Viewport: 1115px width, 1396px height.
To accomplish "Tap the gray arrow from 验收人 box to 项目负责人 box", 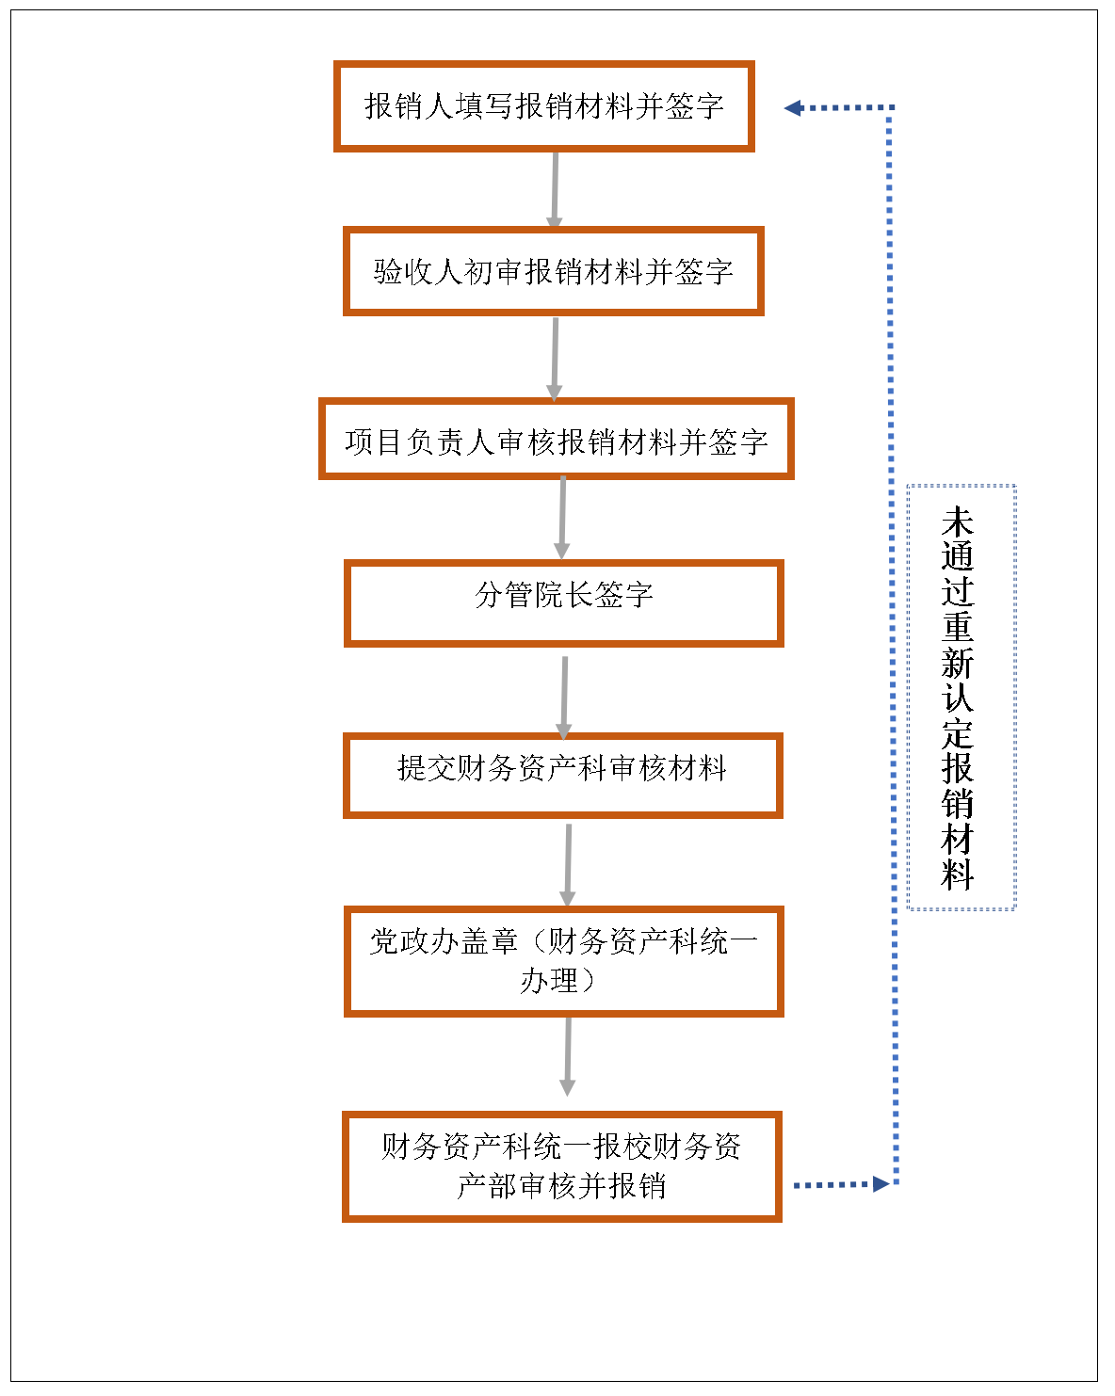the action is tap(555, 359).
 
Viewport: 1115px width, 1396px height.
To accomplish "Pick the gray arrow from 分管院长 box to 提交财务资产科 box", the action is tap(565, 698).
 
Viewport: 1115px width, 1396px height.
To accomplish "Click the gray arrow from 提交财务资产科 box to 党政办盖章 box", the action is tap(568, 865).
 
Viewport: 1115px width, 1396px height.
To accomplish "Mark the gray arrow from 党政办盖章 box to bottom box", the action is tap(568, 1057).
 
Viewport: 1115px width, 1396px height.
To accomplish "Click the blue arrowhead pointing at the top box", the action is tap(794, 107).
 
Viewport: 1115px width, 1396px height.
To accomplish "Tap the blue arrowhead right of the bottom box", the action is tap(881, 1184).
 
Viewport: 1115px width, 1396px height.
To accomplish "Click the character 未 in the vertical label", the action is tap(958, 522).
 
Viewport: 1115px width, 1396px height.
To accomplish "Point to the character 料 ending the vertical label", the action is tap(958, 875).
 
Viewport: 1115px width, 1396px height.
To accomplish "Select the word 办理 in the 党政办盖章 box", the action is tap(549, 980).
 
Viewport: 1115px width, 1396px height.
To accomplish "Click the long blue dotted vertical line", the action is tap(893, 646).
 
